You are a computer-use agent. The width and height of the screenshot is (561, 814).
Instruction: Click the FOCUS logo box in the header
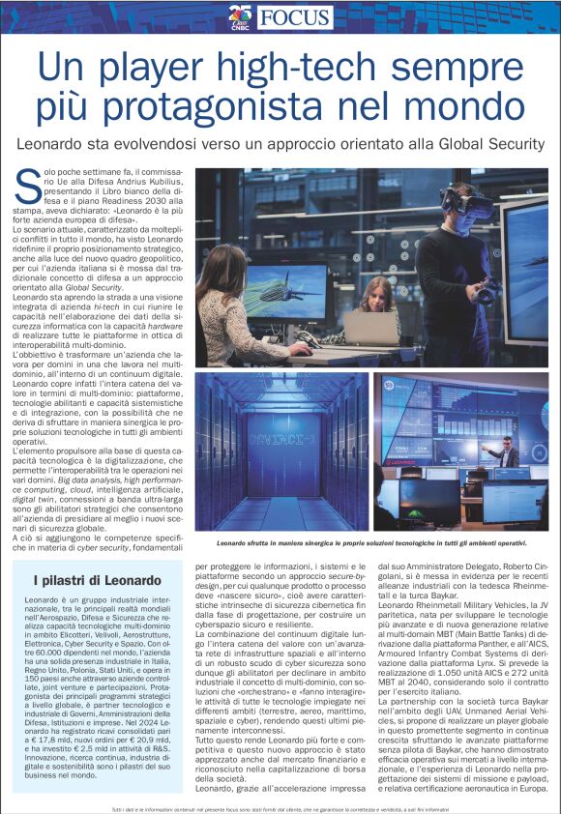[x=296, y=16]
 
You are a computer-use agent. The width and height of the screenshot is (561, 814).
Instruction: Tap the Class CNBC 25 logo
[x=241, y=15]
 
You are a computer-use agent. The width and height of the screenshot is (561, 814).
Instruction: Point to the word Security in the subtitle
[x=512, y=143]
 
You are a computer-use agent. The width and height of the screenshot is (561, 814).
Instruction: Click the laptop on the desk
[x=370, y=328]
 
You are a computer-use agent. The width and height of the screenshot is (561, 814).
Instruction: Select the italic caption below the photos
[x=371, y=544]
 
